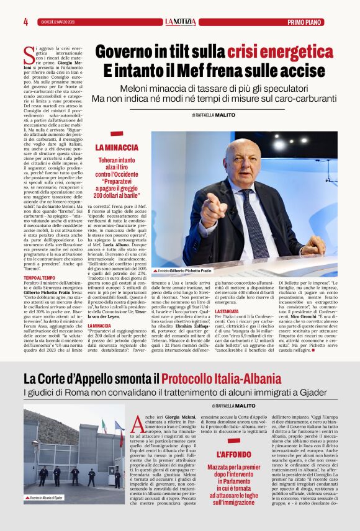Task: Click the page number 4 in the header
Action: pos(25,22)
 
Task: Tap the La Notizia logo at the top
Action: pos(180,22)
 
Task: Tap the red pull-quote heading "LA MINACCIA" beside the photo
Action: pos(117,148)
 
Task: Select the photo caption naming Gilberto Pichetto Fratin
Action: pos(184,271)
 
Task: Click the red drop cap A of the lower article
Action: pos(138,424)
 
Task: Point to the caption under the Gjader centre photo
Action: pos(45,498)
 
